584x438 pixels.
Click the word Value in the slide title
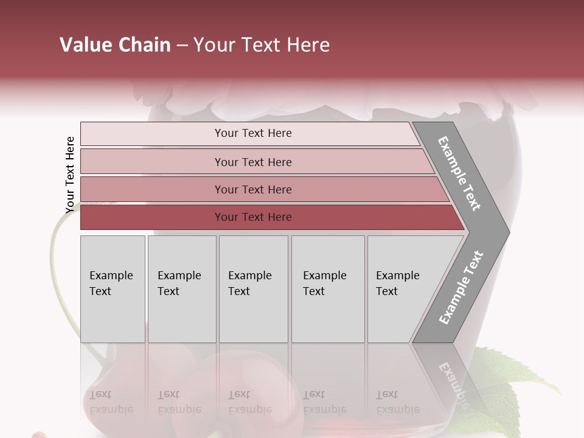click(85, 45)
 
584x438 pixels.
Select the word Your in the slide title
click(214, 45)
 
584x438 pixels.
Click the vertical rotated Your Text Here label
click(70, 175)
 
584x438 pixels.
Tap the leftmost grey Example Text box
click(113, 289)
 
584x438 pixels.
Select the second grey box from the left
click(182, 289)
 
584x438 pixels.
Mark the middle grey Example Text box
click(253, 289)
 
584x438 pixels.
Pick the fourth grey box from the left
click(328, 289)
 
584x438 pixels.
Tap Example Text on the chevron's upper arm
click(459, 173)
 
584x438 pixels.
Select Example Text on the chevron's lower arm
click(461, 287)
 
